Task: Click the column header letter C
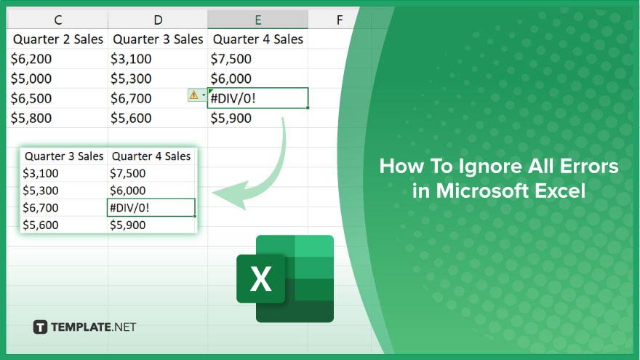click(58, 20)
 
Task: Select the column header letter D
click(158, 20)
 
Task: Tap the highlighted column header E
click(257, 20)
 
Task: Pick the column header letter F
click(340, 20)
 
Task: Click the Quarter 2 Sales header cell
click(58, 39)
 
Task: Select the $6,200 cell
click(31, 59)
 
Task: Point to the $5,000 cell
click(31, 79)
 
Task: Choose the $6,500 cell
click(31, 98)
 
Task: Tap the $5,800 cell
click(31, 118)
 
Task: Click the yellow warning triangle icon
click(194, 95)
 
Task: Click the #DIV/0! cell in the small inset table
click(151, 207)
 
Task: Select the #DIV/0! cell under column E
click(257, 98)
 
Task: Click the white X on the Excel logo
click(260, 279)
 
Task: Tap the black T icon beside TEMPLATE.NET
click(40, 327)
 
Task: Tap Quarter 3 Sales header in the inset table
click(64, 156)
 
